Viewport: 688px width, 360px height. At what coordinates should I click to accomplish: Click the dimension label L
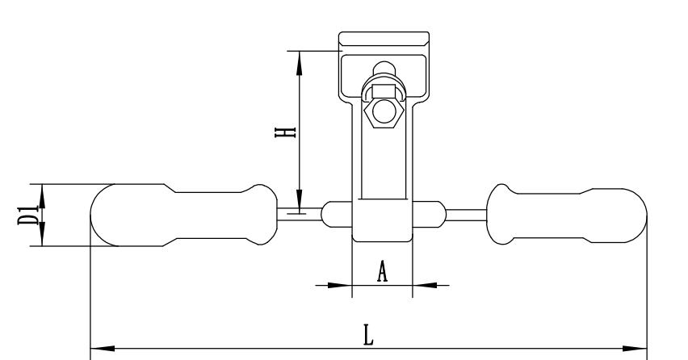pyautogui.click(x=368, y=335)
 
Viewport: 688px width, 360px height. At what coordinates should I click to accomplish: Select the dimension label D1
pyautogui.click(x=27, y=216)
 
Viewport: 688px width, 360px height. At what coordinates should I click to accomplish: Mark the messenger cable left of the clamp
pyautogui.click(x=299, y=214)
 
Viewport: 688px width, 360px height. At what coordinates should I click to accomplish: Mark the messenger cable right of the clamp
pyautogui.click(x=466, y=214)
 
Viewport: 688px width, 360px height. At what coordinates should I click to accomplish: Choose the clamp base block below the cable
pyautogui.click(x=383, y=228)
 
